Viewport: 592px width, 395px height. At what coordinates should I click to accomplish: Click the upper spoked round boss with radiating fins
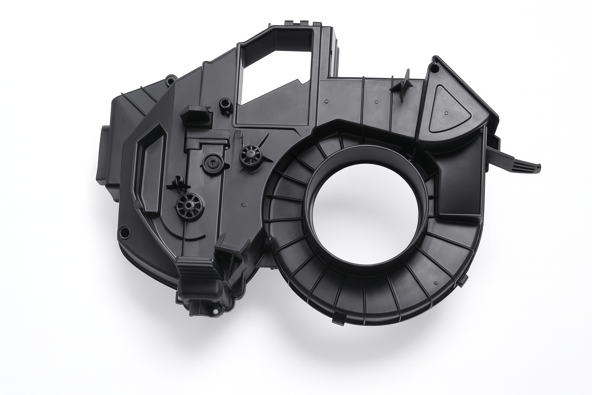(249, 155)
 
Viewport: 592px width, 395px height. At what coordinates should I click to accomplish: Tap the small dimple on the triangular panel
(446, 113)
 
